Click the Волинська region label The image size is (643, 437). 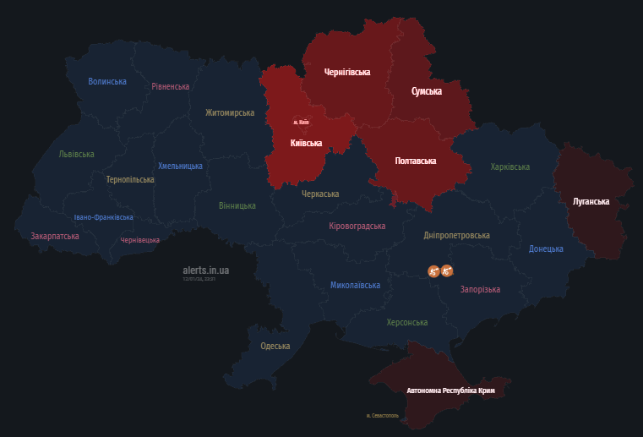click(107, 82)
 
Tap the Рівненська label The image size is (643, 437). click(171, 87)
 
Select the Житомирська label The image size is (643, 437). click(229, 112)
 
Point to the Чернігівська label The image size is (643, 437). click(347, 73)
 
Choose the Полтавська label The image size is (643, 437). click(415, 161)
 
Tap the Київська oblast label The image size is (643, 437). click(306, 143)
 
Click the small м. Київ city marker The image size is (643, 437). click(302, 123)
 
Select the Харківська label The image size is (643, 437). click(510, 167)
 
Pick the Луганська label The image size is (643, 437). click(591, 201)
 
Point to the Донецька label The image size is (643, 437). click(546, 249)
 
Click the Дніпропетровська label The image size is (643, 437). click(457, 236)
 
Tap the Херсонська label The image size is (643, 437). click(406, 323)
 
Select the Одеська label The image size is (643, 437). click(275, 347)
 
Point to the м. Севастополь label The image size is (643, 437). click(382, 415)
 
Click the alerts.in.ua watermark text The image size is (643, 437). click(206, 270)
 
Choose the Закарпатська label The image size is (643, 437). click(55, 237)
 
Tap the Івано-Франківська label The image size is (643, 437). click(103, 217)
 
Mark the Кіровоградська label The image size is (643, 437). click(357, 227)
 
